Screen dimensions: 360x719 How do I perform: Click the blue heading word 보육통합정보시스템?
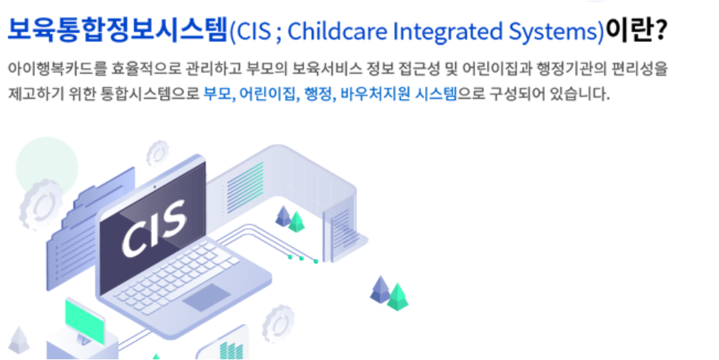(117, 30)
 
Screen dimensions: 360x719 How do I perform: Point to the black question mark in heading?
(661, 30)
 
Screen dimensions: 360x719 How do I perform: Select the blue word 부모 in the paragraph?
(218, 93)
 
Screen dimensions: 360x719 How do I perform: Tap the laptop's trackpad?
(206, 297)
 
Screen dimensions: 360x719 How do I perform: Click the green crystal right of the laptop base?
(397, 297)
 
